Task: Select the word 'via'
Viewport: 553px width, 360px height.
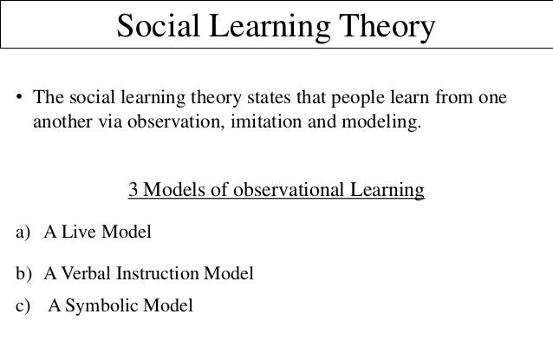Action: (107, 121)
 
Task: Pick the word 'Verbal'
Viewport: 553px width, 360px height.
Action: (88, 274)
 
